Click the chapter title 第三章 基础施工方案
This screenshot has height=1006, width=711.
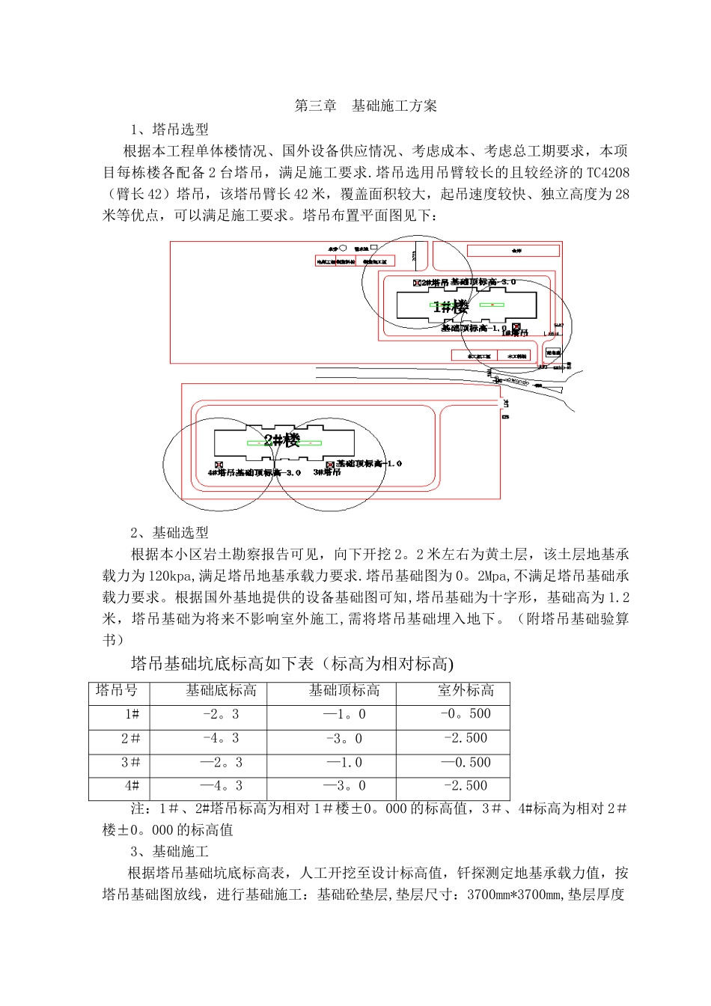coord(365,106)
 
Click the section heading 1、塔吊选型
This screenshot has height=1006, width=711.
coord(169,129)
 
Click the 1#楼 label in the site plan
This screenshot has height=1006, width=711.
coord(451,306)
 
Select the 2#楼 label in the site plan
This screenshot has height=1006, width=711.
coord(281,440)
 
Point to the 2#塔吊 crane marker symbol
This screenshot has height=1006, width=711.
coord(416,283)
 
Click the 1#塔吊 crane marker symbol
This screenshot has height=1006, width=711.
coord(516,327)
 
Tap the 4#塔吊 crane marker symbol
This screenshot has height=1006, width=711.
coord(219,466)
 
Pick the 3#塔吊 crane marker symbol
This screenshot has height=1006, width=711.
coord(329,465)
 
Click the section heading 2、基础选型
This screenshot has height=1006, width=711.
coord(169,533)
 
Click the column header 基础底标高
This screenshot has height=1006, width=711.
coord(221,690)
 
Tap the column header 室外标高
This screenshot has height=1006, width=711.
coord(466,690)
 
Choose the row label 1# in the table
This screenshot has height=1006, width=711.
coord(132,714)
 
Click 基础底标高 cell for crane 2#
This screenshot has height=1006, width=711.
coord(221,738)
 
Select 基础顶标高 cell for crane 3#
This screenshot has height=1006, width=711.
coord(344,762)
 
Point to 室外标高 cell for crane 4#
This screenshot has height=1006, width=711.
coord(466,786)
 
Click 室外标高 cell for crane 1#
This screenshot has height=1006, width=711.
coord(466,714)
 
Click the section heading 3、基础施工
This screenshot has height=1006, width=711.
coord(169,852)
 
